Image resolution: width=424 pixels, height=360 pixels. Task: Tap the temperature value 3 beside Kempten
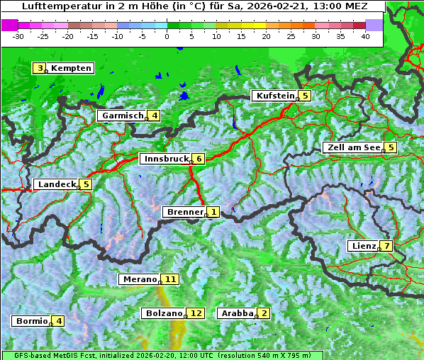(x=40, y=68)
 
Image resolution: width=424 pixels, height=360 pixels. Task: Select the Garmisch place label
(x=123, y=116)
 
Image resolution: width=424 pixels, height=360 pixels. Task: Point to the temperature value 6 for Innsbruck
(x=199, y=159)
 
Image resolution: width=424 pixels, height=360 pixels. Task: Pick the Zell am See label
(x=352, y=147)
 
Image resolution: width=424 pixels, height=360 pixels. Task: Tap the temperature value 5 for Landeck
(x=86, y=184)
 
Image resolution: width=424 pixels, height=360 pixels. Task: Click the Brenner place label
(x=184, y=212)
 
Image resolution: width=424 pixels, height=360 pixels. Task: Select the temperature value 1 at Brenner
(x=213, y=212)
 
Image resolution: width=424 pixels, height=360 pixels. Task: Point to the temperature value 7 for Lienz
(x=386, y=246)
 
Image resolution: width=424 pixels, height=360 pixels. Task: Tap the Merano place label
(x=138, y=279)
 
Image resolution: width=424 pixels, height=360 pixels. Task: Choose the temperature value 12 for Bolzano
(x=196, y=313)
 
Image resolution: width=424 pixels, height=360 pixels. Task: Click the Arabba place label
(x=237, y=313)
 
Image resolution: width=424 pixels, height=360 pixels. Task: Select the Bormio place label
(x=31, y=321)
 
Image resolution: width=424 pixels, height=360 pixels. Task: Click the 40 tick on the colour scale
(x=365, y=35)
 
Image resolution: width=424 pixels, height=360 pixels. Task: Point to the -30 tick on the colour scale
(x=19, y=35)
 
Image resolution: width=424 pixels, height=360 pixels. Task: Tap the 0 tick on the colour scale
(x=167, y=35)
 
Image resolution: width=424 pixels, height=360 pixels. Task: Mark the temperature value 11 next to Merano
(x=170, y=279)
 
